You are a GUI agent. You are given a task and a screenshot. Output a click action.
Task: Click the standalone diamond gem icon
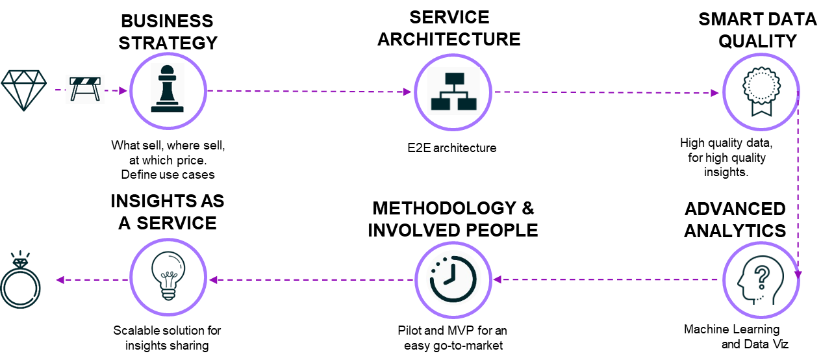coord(24,90)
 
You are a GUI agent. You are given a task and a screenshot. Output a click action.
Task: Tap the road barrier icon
coord(85,89)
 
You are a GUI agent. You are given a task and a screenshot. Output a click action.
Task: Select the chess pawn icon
coord(168,88)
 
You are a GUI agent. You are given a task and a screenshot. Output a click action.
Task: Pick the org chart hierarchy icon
coord(453,91)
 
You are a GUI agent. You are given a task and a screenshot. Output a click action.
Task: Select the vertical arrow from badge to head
coord(798,188)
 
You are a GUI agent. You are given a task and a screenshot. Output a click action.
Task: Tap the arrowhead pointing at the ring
coord(59,280)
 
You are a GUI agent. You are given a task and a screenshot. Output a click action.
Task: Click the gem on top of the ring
coord(21,263)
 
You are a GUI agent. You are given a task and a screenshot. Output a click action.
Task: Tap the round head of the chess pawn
coord(168,70)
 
